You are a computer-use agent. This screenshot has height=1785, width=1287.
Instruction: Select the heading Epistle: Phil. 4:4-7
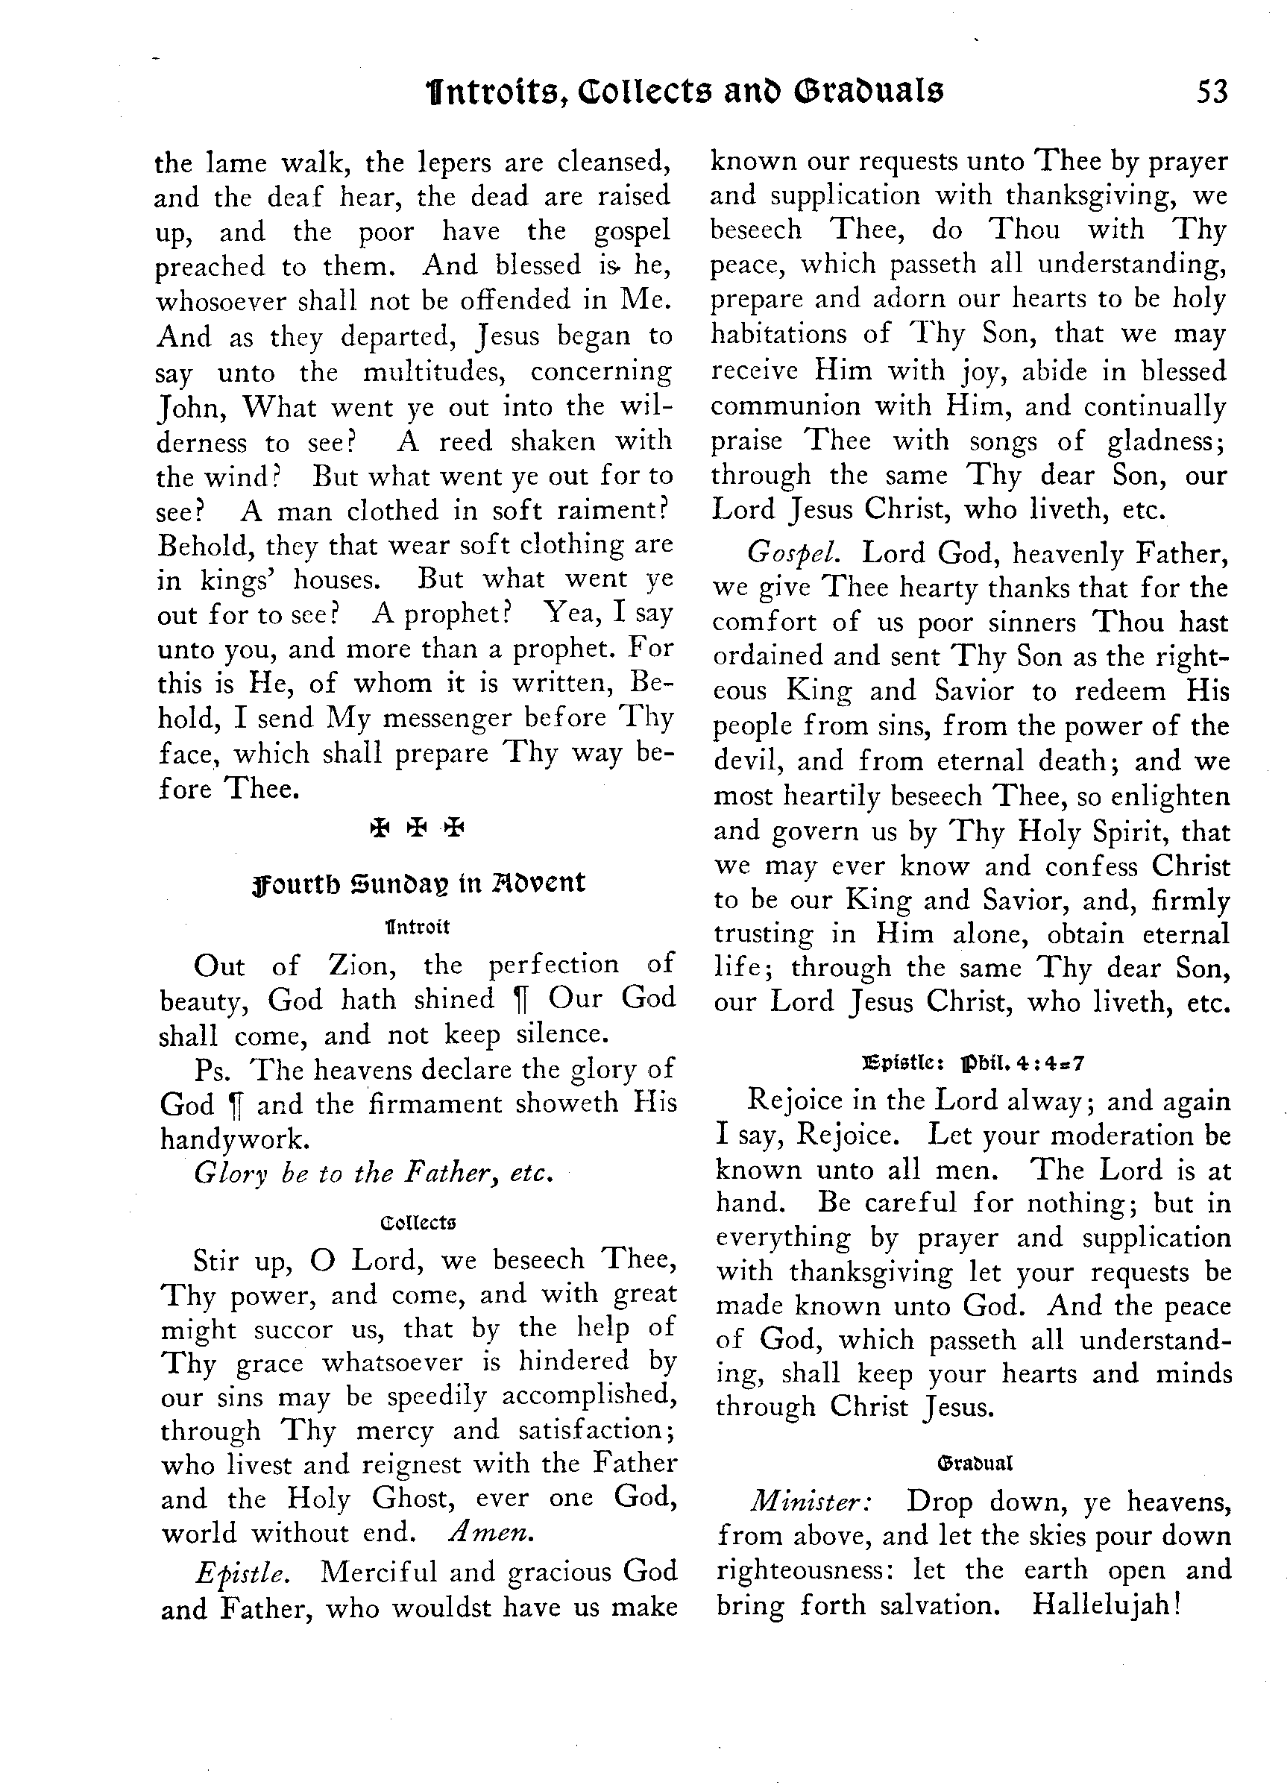(975, 1064)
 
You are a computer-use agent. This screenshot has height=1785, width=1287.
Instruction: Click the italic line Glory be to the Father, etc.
(373, 1174)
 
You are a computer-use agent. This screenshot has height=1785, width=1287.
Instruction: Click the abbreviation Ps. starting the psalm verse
(211, 1069)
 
